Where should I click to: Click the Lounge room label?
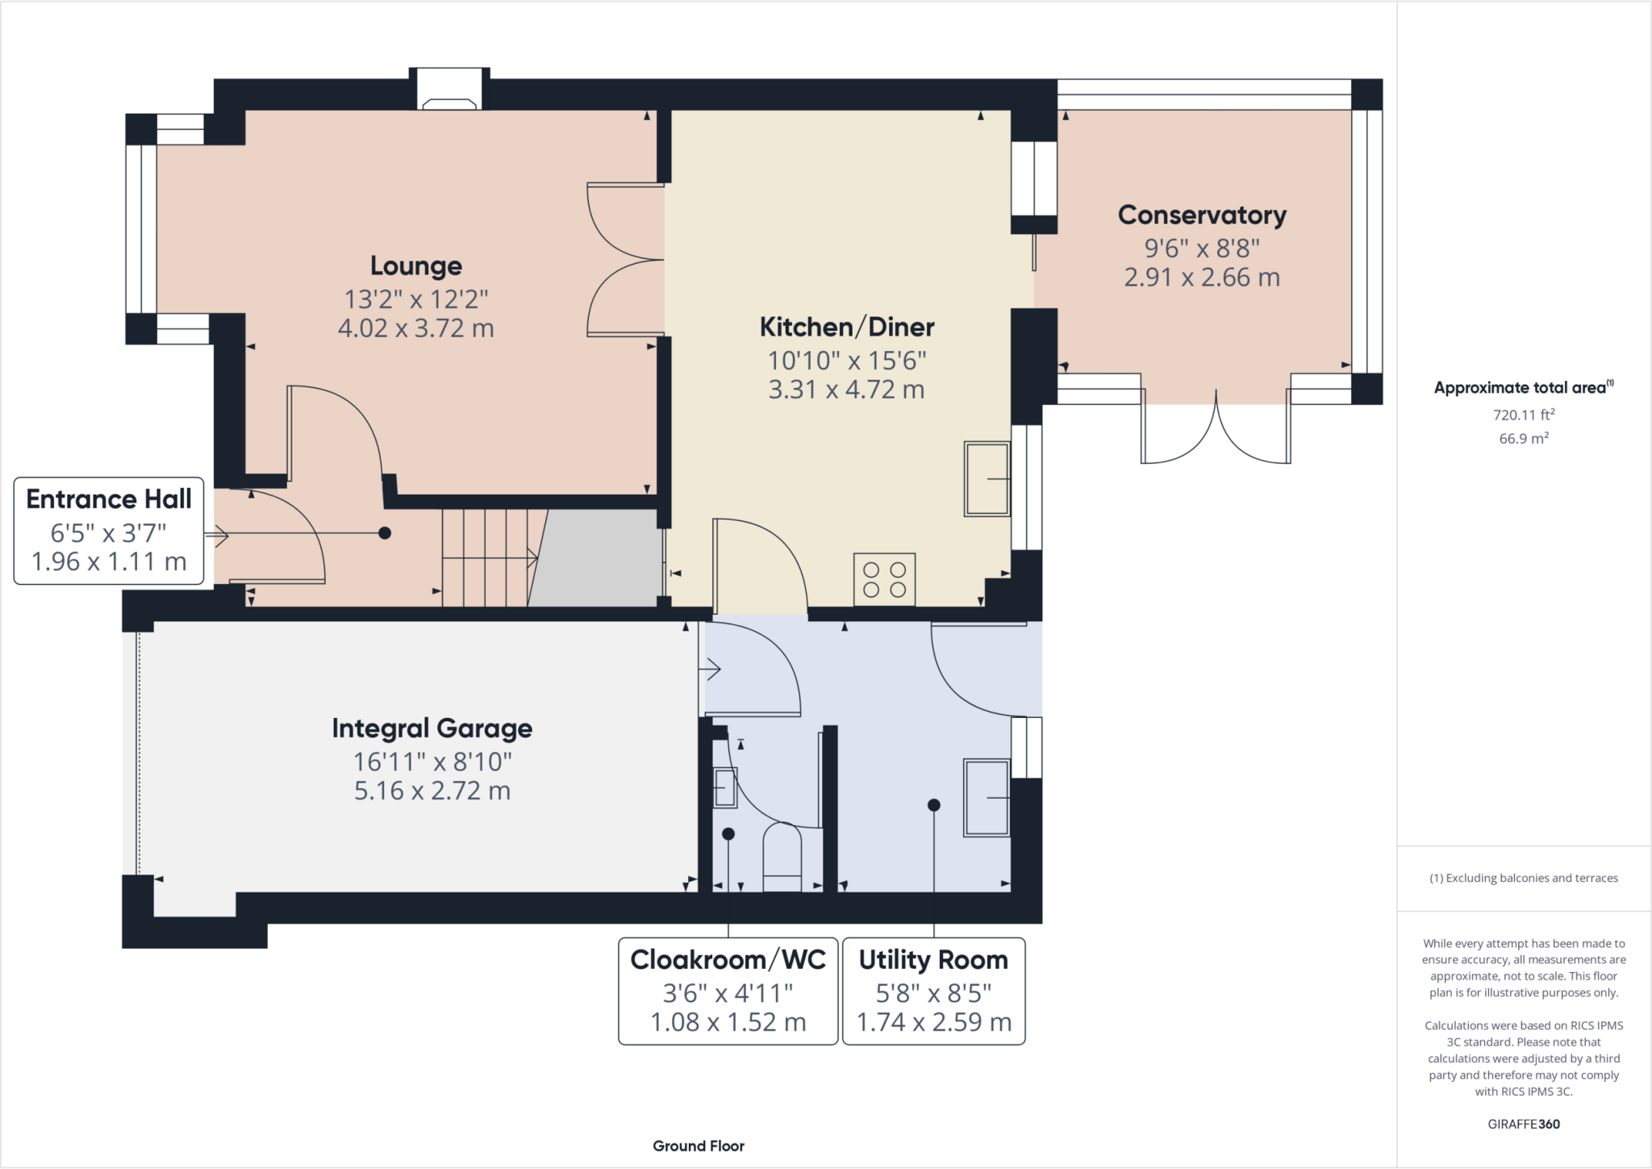(x=416, y=266)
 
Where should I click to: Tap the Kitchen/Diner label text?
(x=847, y=327)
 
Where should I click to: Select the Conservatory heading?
(x=1202, y=215)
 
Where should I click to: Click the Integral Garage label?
(x=432, y=729)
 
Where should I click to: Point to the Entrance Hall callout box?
(x=109, y=531)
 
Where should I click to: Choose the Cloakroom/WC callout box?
(x=728, y=991)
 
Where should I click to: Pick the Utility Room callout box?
(x=934, y=991)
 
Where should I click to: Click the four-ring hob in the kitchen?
(x=885, y=579)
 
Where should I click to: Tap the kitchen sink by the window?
(x=987, y=478)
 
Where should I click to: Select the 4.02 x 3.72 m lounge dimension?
(x=416, y=328)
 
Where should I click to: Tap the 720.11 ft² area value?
(x=1524, y=415)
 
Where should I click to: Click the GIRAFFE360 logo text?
(x=1524, y=1124)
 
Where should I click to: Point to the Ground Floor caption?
(x=699, y=1146)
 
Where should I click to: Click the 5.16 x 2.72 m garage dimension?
(x=432, y=791)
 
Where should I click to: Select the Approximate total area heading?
(x=1524, y=387)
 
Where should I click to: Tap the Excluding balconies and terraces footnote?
(x=1524, y=878)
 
